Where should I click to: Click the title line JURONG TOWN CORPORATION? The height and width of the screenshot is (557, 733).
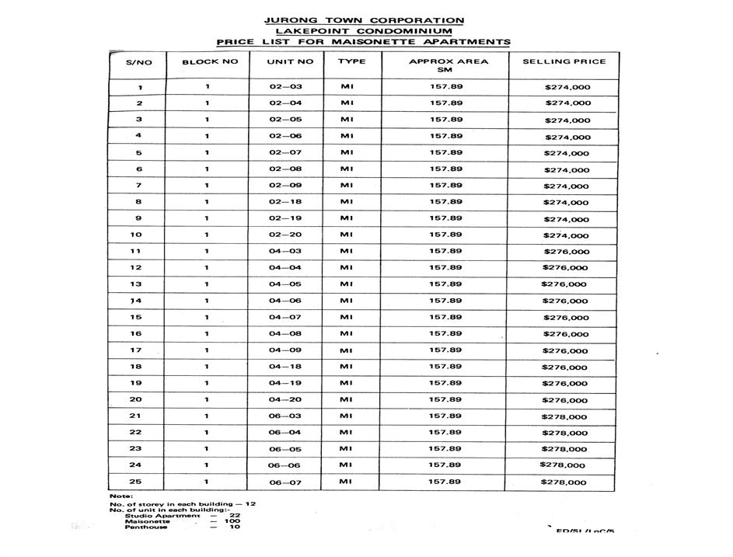(x=365, y=20)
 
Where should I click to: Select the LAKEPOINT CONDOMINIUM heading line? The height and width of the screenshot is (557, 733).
(x=364, y=31)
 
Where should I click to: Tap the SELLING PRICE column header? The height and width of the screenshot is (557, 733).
(x=564, y=61)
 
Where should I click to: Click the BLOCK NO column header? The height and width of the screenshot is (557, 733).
(x=210, y=61)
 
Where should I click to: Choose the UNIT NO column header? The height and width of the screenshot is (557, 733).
(x=290, y=61)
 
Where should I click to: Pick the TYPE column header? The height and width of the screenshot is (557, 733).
(x=351, y=61)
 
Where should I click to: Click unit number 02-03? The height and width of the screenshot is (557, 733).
(x=285, y=87)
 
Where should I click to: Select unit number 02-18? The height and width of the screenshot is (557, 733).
(x=285, y=202)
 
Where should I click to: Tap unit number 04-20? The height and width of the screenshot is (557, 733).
(x=285, y=399)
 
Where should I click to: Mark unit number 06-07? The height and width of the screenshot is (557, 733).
(x=285, y=482)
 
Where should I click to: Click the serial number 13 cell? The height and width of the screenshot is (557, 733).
(x=136, y=284)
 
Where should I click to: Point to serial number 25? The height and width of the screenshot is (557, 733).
(x=136, y=482)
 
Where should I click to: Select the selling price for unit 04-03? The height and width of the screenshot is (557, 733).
(x=567, y=252)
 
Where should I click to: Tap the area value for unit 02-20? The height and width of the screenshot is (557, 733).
(x=445, y=235)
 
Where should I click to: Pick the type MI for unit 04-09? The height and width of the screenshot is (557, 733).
(x=347, y=350)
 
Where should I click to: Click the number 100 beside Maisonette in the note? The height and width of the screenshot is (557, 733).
(x=234, y=521)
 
